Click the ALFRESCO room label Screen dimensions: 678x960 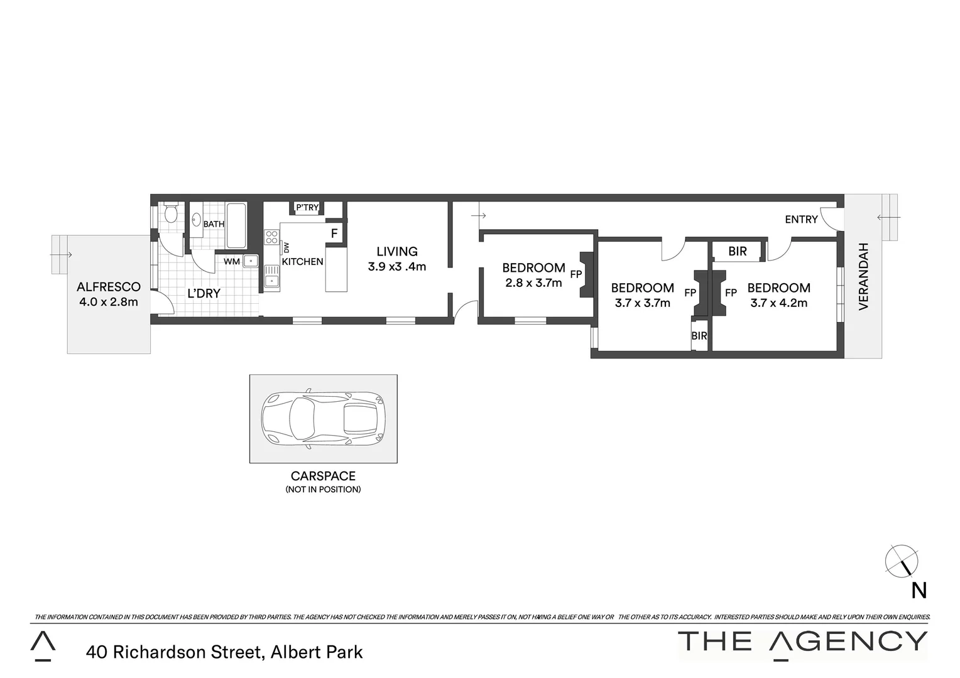pos(109,287)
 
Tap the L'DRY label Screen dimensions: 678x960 pos(204,293)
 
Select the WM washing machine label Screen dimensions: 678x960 pos(232,261)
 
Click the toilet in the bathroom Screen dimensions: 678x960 pos(169,215)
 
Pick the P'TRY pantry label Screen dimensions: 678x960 pos(307,208)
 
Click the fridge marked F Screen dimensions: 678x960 pos(334,233)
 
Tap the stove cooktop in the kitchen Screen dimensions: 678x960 pos(271,237)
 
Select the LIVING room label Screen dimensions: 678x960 pos(397,251)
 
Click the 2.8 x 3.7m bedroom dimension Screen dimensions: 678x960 pos(533,282)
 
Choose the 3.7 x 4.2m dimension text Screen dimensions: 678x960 pos(778,303)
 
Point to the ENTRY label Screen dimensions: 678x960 pos(801,219)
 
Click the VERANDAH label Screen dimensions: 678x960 pos(863,276)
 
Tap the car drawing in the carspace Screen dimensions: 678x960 pos(323,417)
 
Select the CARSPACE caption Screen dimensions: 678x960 pos(323,476)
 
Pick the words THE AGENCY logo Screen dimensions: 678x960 pos(802,641)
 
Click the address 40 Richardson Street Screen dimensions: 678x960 pos(225,652)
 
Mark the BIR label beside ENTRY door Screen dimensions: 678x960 pos(738,251)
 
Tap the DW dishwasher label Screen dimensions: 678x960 pos(286,247)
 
